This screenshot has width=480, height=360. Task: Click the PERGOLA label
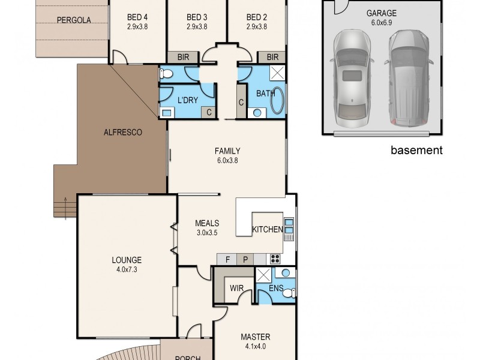coord(74,20)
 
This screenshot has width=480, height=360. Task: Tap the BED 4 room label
coord(137,17)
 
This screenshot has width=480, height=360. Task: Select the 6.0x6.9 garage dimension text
coord(382,23)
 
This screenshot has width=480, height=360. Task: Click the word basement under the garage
coord(416,150)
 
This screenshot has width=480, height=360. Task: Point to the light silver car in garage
coord(352,79)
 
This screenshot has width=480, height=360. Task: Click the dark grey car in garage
coord(409,79)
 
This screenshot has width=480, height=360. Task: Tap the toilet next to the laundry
coord(166,74)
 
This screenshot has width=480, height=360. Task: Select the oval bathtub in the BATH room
coord(278,101)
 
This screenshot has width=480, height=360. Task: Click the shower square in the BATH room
coord(277,73)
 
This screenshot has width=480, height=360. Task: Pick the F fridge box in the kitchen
coord(227,260)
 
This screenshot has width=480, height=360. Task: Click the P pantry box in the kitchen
coord(245,260)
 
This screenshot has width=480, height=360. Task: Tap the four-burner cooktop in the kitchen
coord(275,259)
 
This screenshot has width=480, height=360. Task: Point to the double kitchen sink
coord(289,226)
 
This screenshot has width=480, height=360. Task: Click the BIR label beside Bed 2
coord(272,57)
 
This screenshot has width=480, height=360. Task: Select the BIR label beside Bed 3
coord(183,57)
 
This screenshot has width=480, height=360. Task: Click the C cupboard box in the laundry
coord(209,112)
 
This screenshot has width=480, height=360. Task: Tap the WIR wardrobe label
coord(236,289)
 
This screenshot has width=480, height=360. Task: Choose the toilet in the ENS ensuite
coord(289,293)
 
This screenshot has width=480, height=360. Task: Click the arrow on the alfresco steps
coord(65,208)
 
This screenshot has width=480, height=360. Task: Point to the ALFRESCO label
coord(123,133)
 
